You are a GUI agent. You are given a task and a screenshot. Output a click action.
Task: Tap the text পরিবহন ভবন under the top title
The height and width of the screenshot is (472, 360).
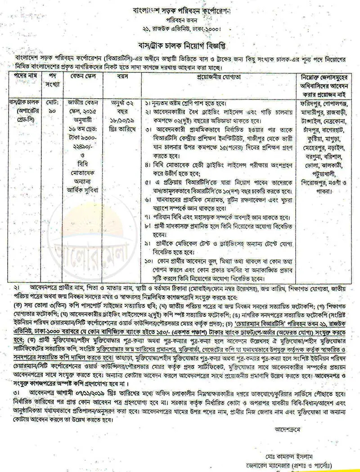pyautogui.click(x=181, y=20)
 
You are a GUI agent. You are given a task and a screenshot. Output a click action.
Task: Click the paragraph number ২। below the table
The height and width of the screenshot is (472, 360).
pyautogui.click(x=17, y=286)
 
